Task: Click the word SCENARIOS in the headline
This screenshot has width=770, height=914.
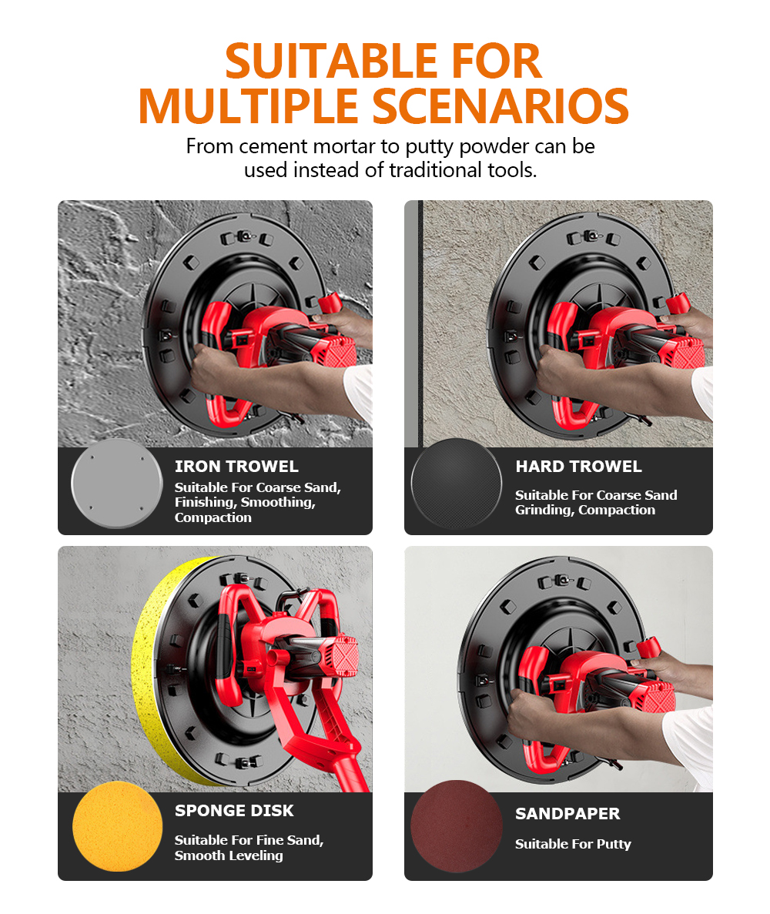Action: (x=500, y=106)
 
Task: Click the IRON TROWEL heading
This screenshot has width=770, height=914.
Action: (x=236, y=467)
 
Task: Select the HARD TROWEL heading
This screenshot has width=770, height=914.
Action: (x=578, y=467)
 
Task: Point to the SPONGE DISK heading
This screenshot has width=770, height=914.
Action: (x=234, y=811)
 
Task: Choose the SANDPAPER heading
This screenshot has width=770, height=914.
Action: (x=567, y=814)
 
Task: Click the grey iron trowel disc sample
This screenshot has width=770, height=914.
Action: (x=116, y=484)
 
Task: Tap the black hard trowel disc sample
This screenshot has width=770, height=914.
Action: (x=457, y=484)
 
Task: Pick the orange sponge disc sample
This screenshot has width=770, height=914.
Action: (x=117, y=826)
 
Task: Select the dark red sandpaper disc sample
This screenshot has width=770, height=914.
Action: (x=457, y=826)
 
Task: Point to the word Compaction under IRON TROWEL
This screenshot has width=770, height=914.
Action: (x=213, y=517)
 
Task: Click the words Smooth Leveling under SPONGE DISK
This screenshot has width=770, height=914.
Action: (x=229, y=855)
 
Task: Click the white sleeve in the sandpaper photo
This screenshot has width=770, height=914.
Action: (x=688, y=740)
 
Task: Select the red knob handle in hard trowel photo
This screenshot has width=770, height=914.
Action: (x=678, y=304)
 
